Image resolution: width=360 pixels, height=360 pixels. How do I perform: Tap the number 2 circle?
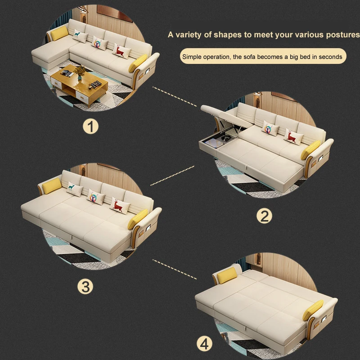tap(264, 216)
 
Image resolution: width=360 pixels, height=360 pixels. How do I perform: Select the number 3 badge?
tap(86, 286)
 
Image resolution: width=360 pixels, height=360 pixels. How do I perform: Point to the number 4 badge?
tap(205, 344)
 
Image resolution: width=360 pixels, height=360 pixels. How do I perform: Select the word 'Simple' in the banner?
tap(191, 57)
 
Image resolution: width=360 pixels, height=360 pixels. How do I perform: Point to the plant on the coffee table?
tap(81, 71)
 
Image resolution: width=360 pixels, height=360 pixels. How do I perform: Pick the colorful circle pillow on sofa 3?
tap(95, 197)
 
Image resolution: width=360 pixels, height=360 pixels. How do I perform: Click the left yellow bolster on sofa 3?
tap(52, 184)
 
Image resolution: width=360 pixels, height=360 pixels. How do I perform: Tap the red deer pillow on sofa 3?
tap(118, 205)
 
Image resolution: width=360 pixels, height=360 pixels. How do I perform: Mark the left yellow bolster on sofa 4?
tap(226, 274)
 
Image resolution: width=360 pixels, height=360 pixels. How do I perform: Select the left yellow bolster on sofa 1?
tap(58, 32)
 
